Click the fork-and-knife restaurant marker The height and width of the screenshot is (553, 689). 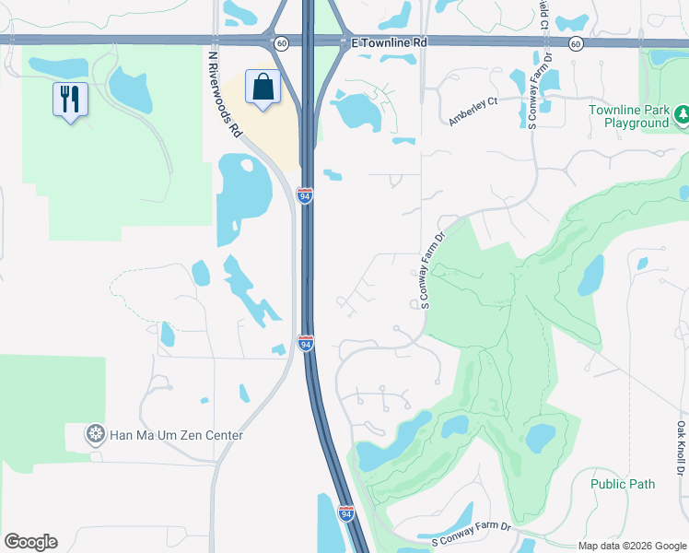[70, 98]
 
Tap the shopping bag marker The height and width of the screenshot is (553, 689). [263, 88]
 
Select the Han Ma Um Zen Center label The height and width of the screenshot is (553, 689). [177, 435]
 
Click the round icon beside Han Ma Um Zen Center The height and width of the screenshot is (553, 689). [95, 435]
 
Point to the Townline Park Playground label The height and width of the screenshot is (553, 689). [630, 116]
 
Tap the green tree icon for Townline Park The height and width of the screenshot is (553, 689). [683, 114]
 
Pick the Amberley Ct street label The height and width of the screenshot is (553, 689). [473, 110]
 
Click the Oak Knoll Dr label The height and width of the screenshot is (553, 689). [681, 446]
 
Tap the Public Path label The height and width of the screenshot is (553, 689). [623, 484]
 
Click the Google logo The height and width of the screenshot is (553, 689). [30, 542]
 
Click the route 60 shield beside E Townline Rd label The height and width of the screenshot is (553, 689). [281, 43]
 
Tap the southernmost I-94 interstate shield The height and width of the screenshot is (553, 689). [345, 513]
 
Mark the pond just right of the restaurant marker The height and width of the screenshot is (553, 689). [130, 89]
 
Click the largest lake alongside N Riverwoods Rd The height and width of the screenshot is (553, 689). [244, 196]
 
